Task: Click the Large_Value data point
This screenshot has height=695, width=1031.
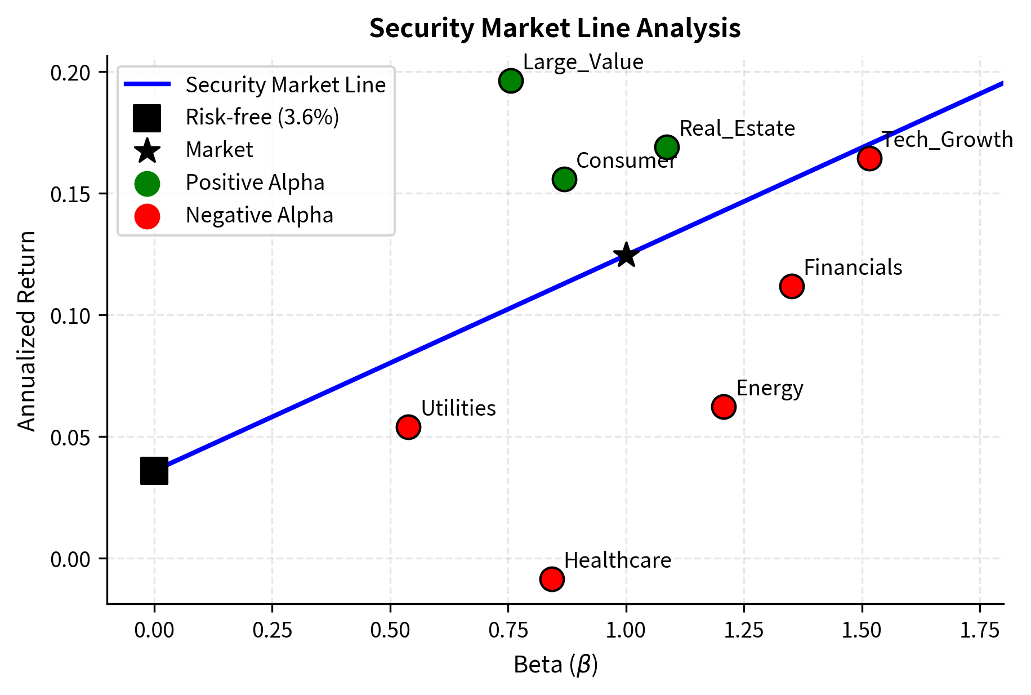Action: (510, 81)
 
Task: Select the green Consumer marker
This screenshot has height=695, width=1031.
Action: (564, 180)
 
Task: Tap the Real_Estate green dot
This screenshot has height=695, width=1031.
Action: (667, 148)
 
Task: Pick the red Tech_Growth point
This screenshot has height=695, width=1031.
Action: (869, 158)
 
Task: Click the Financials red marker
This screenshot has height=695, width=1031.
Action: (791, 287)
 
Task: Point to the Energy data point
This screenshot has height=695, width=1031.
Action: (723, 407)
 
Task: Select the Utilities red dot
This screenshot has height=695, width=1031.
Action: (408, 427)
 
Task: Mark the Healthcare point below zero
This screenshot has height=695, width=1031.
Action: (551, 579)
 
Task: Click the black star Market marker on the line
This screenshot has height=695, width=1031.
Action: (626, 255)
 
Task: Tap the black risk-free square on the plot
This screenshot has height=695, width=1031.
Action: (154, 471)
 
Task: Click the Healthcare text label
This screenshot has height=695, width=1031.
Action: (617, 560)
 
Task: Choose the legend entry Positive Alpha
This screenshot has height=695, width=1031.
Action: (255, 182)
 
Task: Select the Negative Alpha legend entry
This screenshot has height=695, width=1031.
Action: (259, 215)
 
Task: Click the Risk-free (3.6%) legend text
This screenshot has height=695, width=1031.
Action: (262, 117)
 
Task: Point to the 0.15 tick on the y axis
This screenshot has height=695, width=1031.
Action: (70, 194)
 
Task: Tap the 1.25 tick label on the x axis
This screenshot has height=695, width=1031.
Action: (743, 630)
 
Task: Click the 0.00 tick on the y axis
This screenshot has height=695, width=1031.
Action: (70, 559)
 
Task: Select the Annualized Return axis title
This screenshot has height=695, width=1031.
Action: (26, 331)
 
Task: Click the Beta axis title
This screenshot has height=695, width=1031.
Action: (555, 665)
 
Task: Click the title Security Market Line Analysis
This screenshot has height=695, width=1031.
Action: (555, 28)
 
